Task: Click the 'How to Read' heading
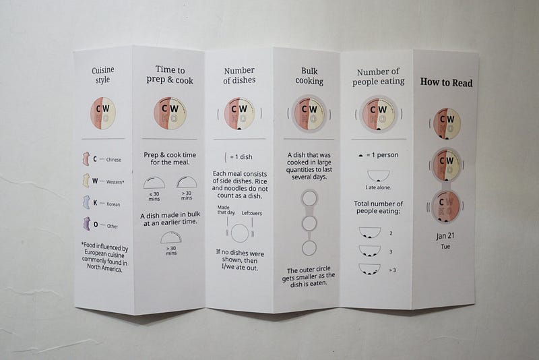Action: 446,82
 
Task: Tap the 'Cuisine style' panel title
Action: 103,75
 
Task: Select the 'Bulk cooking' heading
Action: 309,76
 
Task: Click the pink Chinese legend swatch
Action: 86,159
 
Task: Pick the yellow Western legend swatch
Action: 86,181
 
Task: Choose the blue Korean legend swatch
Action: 86,202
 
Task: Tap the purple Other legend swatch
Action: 86,224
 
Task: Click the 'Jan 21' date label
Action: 445,236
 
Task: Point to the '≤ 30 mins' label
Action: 154,196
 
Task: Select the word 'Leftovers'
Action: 251,213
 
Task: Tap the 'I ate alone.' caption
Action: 378,187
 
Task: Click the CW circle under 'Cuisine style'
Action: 103,113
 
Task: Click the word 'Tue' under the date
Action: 445,247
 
